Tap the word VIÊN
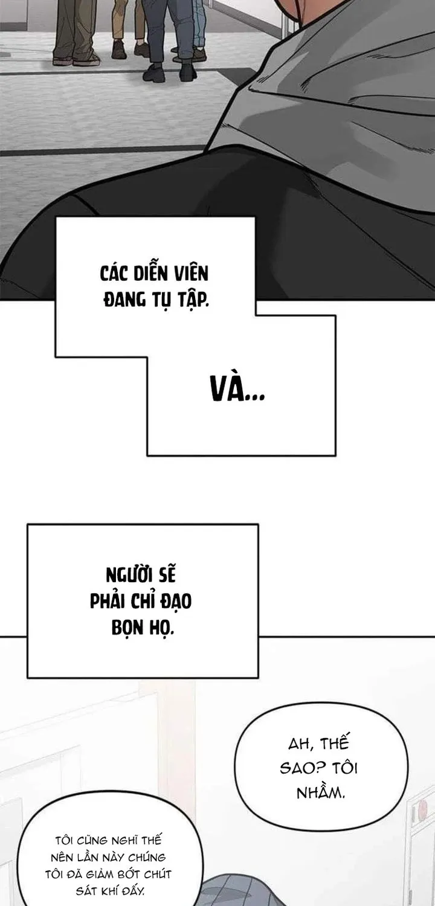pos(191,273)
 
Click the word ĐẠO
pos(176,602)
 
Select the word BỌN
pos(124,628)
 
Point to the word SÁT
pos(86,891)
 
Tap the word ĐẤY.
pos(132,892)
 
